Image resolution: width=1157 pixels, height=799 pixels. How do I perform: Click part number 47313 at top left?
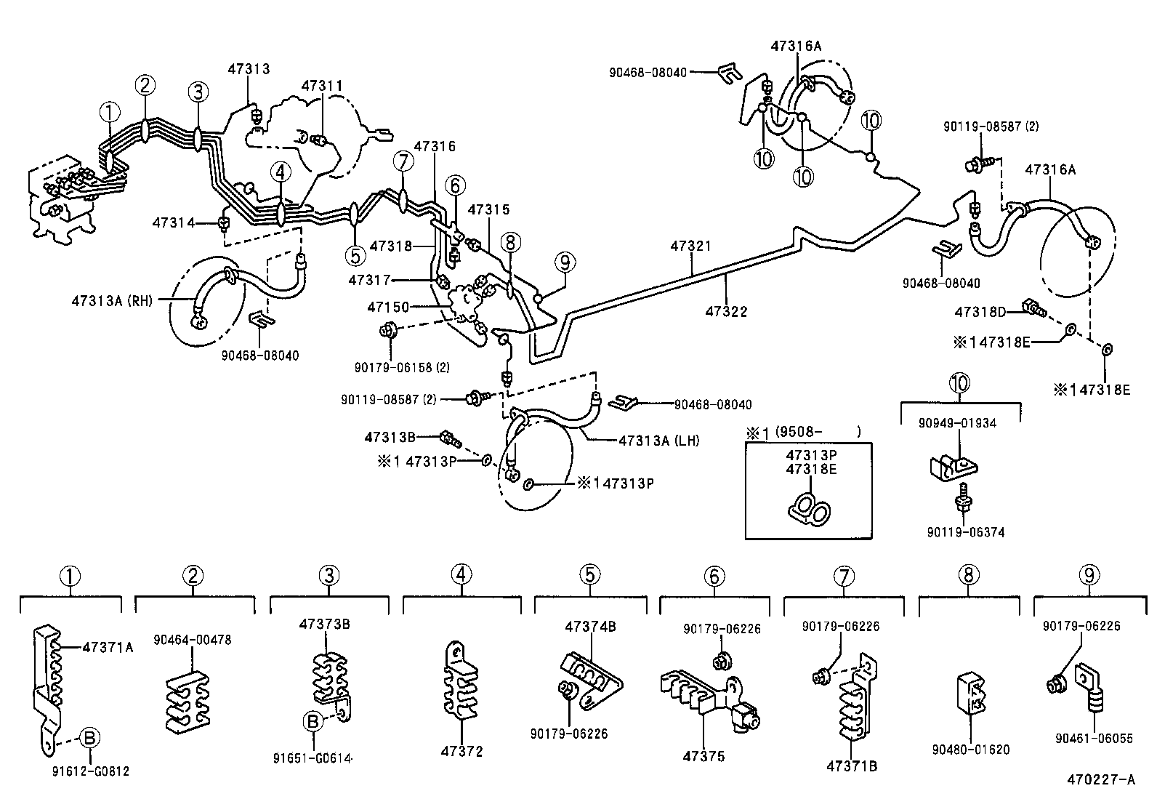[248, 69]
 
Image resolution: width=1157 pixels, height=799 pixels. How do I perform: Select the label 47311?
[321, 86]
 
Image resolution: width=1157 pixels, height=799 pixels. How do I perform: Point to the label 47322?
[725, 312]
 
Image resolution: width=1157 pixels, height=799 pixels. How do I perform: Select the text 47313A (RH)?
[112, 300]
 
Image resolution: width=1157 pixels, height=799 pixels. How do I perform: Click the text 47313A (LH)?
[658, 441]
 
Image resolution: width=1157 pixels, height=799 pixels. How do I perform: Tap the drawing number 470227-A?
[1100, 780]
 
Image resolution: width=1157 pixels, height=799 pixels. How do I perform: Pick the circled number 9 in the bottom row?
[1088, 576]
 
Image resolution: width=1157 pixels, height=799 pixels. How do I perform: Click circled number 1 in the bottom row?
[69, 576]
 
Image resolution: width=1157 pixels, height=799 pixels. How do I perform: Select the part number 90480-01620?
[971, 750]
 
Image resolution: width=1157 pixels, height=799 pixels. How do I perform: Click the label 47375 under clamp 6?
[703, 757]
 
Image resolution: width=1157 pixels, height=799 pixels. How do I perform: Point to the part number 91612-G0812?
[90, 771]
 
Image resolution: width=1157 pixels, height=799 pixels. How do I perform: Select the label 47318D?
[980, 312]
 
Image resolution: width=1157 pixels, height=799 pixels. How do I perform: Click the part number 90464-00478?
[193, 640]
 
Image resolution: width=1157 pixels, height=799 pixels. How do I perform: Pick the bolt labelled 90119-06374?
[963, 498]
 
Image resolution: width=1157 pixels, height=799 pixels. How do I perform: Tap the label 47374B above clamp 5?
[590, 626]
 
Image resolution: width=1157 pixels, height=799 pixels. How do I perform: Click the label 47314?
[173, 222]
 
